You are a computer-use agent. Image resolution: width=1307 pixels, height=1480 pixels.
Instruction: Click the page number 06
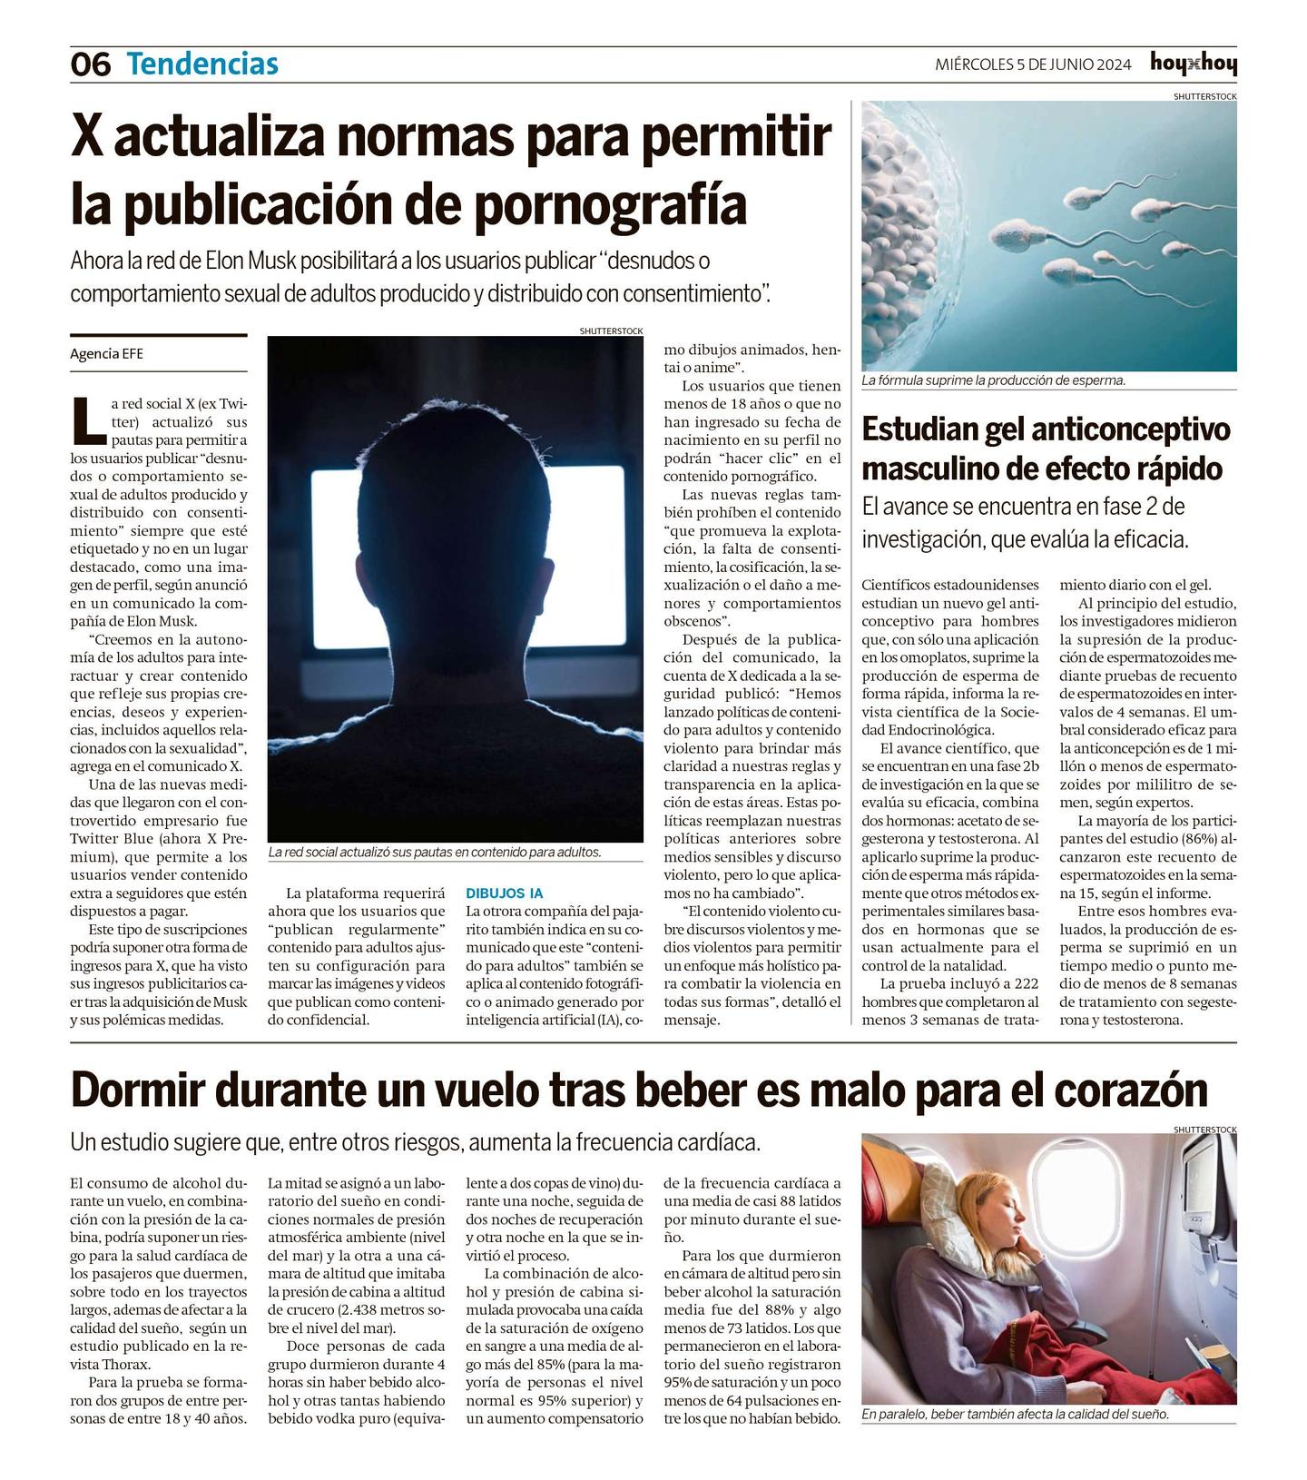[90, 64]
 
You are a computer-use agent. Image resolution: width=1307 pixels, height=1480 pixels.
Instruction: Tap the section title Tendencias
[202, 64]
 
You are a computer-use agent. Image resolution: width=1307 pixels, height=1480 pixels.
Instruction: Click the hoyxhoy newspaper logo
[1193, 64]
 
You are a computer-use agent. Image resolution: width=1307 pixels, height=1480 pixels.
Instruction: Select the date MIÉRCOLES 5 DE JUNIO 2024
[1033, 64]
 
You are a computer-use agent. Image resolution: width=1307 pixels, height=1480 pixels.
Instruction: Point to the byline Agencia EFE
[106, 354]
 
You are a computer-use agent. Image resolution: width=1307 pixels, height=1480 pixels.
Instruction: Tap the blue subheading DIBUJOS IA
[504, 893]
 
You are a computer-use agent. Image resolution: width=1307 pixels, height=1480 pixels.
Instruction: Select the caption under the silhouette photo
[435, 853]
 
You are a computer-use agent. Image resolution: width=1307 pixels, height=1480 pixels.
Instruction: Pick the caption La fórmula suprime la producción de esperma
[994, 380]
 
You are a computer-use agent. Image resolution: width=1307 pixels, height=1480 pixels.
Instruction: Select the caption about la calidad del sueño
[1015, 1415]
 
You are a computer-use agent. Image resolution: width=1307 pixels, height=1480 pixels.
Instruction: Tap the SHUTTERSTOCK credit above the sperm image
[1204, 96]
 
